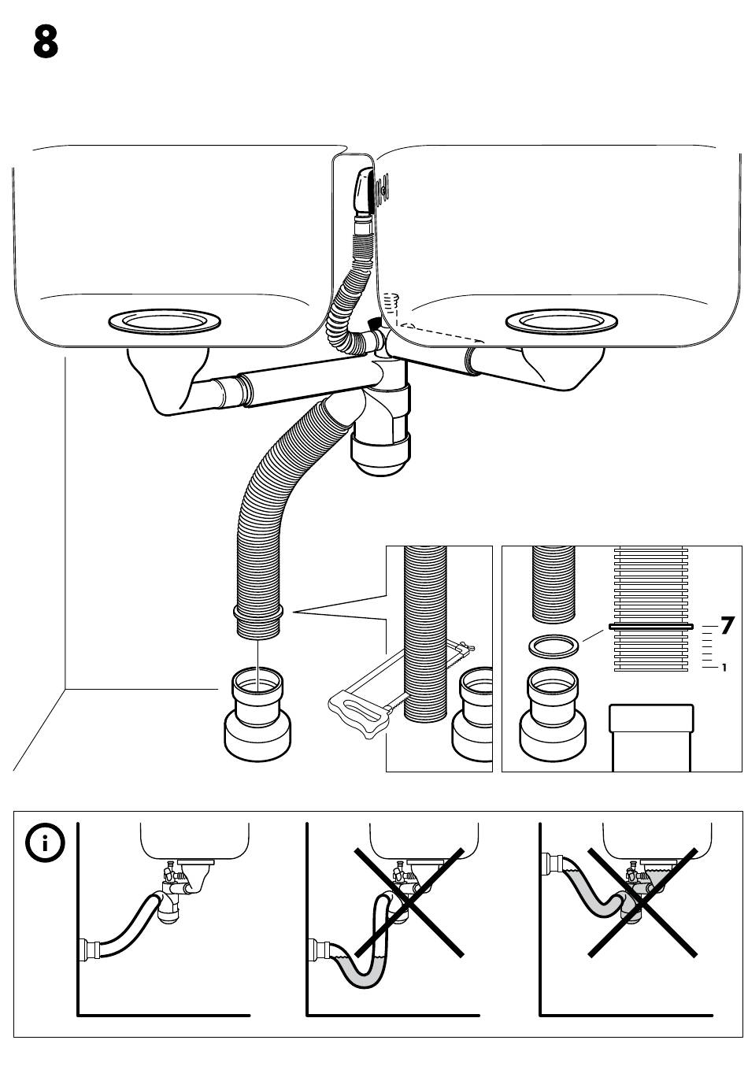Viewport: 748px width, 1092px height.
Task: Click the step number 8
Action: point(46,43)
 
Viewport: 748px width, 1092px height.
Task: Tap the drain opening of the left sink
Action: point(164,321)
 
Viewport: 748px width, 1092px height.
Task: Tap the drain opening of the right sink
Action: point(561,321)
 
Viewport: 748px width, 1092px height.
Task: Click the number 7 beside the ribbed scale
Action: point(727,626)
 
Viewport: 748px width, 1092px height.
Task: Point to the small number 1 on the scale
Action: point(724,668)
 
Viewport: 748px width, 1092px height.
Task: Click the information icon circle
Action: point(46,844)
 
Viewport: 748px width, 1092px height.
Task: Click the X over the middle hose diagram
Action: point(406,901)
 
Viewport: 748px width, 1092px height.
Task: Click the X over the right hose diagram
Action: point(642,902)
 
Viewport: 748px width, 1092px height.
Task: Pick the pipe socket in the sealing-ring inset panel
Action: point(554,713)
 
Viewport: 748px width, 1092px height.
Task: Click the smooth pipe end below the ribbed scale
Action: point(652,736)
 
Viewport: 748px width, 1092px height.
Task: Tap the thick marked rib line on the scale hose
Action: point(650,627)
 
